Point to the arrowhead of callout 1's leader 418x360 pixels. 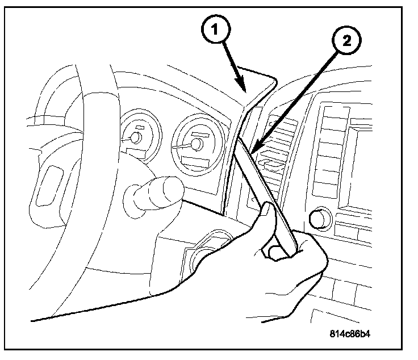(x=245, y=91)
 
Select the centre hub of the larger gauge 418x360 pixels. (x=197, y=144)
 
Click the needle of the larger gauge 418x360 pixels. (x=185, y=146)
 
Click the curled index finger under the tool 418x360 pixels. (x=275, y=250)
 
